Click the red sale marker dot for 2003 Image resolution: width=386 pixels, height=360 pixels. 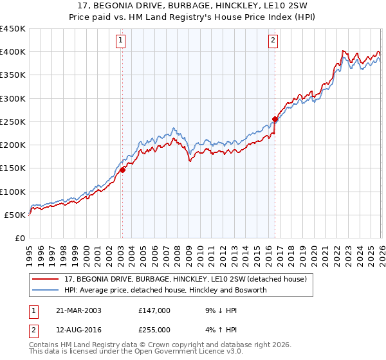(122, 170)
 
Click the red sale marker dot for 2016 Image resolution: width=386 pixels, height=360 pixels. (275, 119)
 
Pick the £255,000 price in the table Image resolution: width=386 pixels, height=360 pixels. (154, 329)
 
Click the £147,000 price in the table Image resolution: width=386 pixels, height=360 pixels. (154, 310)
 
